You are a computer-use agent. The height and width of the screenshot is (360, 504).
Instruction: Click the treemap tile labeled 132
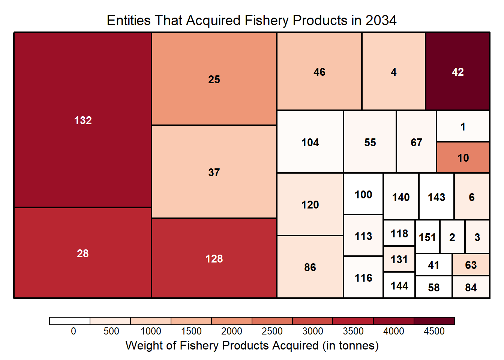coord(82,120)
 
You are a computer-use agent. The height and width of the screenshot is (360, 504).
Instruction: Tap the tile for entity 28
coord(82,253)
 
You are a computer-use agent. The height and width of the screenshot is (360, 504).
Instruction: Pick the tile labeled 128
coord(214,258)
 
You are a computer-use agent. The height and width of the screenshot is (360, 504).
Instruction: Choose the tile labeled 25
coord(214,79)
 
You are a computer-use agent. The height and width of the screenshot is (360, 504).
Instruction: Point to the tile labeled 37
coord(214,172)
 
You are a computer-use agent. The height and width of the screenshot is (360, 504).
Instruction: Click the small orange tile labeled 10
coord(463,157)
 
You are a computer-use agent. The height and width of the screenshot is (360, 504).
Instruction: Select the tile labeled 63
coord(471,265)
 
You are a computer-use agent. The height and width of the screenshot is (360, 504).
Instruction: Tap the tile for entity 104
coord(310,142)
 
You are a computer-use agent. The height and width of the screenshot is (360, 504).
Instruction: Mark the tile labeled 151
coord(427,237)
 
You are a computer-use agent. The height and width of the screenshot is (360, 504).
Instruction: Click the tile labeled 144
coord(399,286)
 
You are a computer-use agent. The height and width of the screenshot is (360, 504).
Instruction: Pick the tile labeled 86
coord(310,267)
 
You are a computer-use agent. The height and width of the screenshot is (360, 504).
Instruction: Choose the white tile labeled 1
coord(463,126)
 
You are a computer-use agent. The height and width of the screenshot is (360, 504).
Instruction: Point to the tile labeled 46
coord(319,72)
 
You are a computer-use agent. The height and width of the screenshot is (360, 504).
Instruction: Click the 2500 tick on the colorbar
coord(272,331)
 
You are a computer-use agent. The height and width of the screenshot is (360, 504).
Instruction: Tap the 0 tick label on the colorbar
coord(73,331)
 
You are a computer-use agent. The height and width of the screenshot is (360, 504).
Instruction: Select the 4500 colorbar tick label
coord(434,331)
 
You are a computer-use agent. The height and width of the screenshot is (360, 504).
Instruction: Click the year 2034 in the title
coord(381,20)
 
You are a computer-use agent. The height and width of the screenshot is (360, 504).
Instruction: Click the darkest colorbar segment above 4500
coord(434,321)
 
